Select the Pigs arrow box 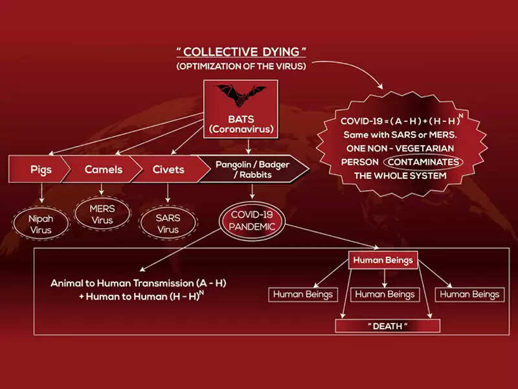click(40, 170)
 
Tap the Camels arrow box click(103, 170)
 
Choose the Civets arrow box click(168, 170)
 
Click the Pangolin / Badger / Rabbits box click(253, 169)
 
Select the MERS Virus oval click(102, 215)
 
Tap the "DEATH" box click(387, 326)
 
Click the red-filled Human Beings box click(382, 261)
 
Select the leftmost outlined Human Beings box click(302, 294)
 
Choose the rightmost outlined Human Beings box click(469, 294)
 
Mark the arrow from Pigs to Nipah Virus click(41, 192)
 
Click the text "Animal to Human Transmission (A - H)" click(139, 283)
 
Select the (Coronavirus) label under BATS click(241, 130)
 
